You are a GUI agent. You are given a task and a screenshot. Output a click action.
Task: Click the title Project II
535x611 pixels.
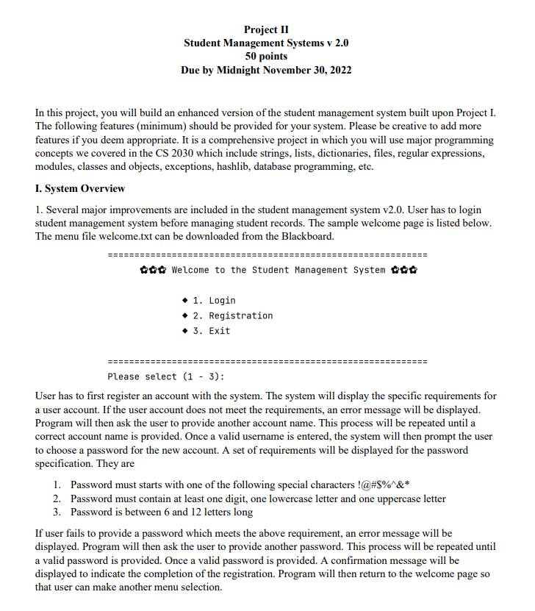pos(266,29)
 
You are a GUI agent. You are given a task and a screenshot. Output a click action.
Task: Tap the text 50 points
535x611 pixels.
pos(266,57)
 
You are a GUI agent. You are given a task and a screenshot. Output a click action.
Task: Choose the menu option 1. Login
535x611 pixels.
pos(214,300)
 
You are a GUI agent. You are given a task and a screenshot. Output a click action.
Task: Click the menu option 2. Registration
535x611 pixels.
pos(232,315)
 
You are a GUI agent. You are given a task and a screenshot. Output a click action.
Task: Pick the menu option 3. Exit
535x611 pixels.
pos(211,331)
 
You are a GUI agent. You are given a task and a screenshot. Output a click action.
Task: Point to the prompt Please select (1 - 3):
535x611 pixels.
pos(165,376)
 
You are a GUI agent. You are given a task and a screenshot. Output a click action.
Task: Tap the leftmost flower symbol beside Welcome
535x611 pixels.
pos(143,270)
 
